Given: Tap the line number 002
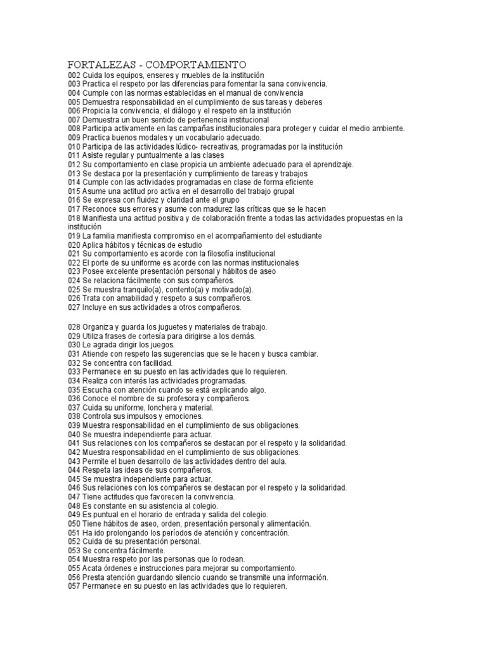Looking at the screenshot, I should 74,75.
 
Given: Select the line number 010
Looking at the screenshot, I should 74,146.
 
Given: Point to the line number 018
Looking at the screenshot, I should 74,218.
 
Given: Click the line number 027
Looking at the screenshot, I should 74,307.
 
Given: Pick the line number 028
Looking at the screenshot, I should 74,327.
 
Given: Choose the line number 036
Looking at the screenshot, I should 74,399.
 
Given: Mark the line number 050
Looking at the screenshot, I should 74,524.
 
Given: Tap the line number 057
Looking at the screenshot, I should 74,587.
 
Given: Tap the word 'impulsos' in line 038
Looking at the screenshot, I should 134,416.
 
